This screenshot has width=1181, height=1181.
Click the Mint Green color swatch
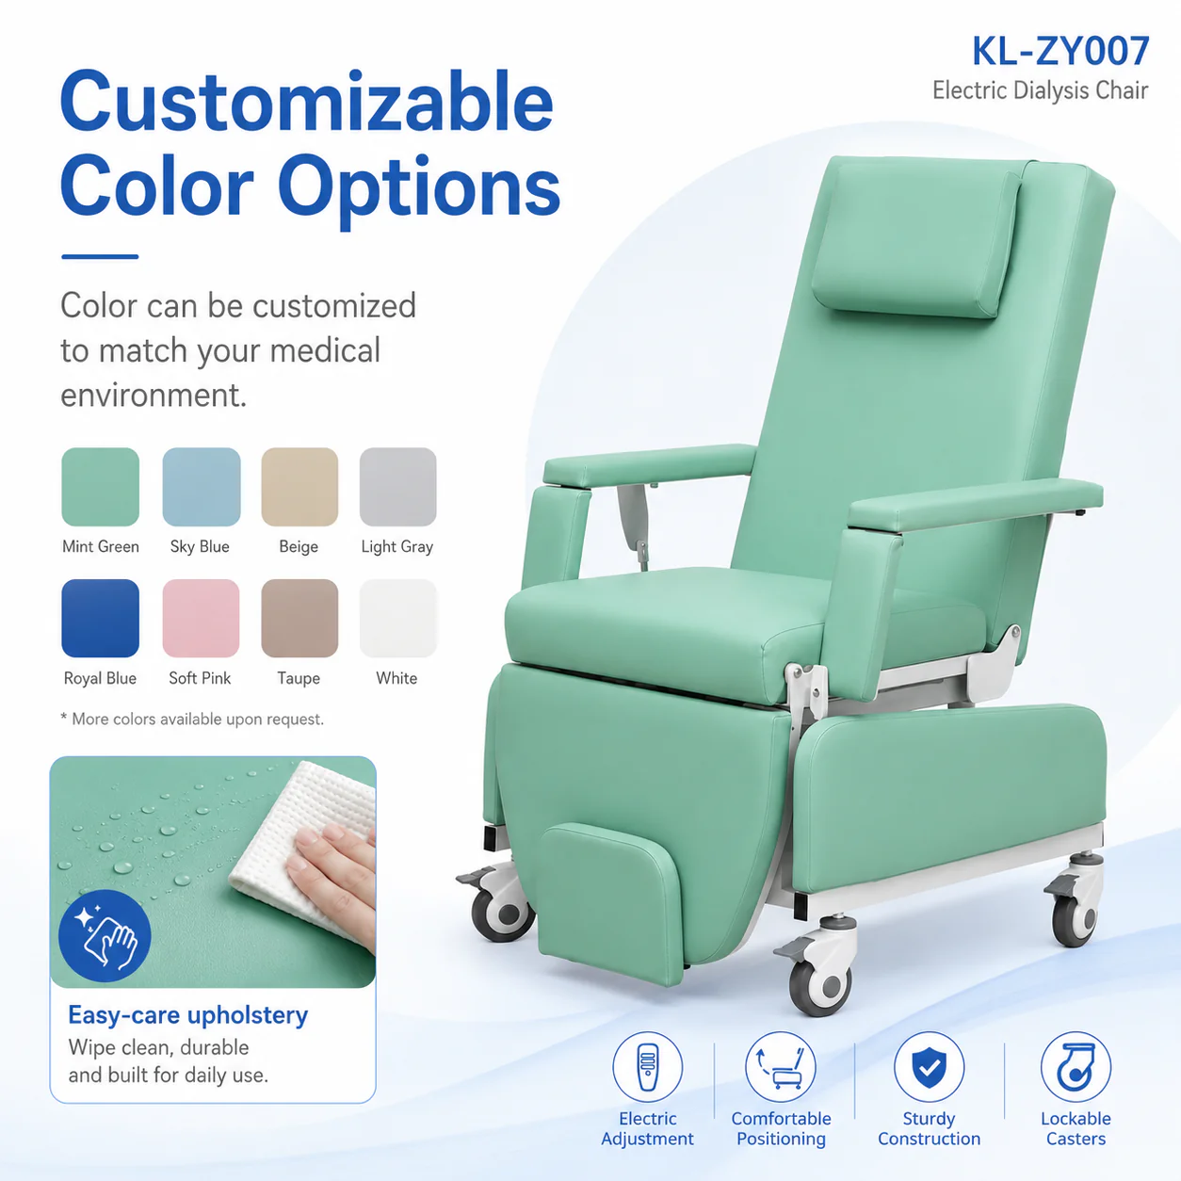pos(101,487)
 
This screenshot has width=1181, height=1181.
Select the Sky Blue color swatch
pos(201,487)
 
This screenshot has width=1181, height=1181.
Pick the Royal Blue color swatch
pos(101,618)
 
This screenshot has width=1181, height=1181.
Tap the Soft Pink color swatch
pos(201,618)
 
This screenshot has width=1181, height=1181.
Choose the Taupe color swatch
pos(299,618)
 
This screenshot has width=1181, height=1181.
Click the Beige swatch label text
pos(299,546)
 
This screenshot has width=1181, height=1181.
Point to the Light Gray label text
pos(397,546)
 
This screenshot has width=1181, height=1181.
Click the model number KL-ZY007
pos(1060,51)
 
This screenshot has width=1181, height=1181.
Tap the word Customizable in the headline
pos(307,101)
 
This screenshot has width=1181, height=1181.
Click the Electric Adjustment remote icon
pos(648,1067)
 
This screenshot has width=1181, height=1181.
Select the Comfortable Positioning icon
pos(781,1067)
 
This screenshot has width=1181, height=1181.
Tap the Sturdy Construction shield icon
pos(930,1067)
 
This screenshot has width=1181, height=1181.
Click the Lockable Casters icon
pos(1076,1067)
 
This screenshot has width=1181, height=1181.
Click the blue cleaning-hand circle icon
pos(105,936)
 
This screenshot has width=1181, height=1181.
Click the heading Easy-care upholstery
pos(187,1015)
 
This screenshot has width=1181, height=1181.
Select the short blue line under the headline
pos(100,257)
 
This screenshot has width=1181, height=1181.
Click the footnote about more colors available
pos(192,719)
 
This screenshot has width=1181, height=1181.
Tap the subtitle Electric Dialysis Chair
pos(1040,90)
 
